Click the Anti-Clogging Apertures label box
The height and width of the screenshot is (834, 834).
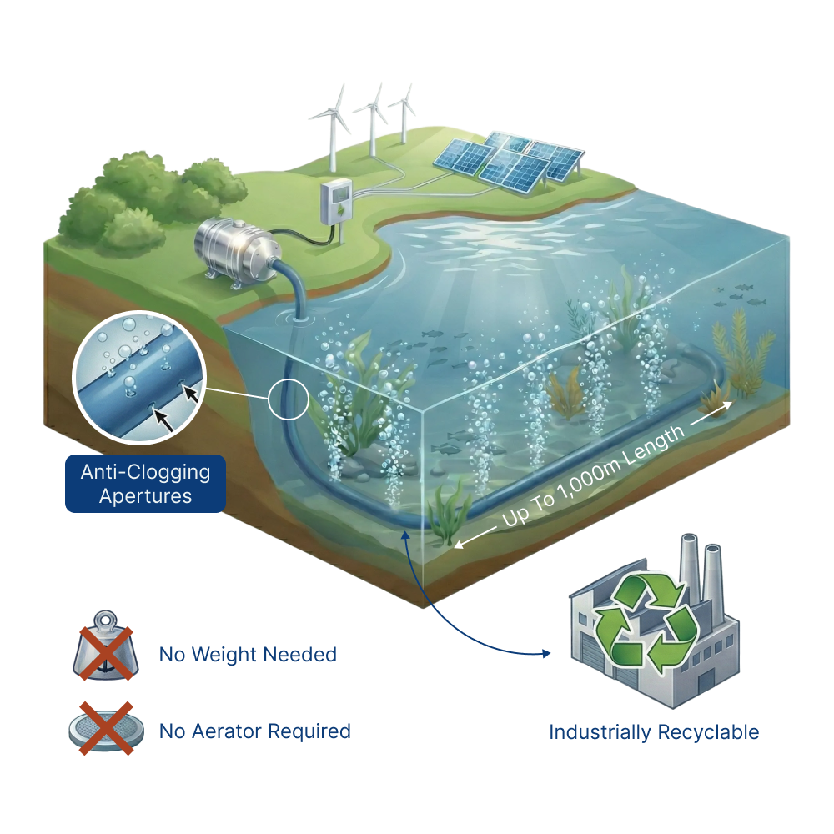click(145, 484)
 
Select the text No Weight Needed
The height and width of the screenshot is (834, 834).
click(248, 655)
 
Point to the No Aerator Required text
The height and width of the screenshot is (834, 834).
click(254, 732)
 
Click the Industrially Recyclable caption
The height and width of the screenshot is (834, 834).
click(654, 733)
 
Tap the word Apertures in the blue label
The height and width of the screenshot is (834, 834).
click(145, 496)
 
